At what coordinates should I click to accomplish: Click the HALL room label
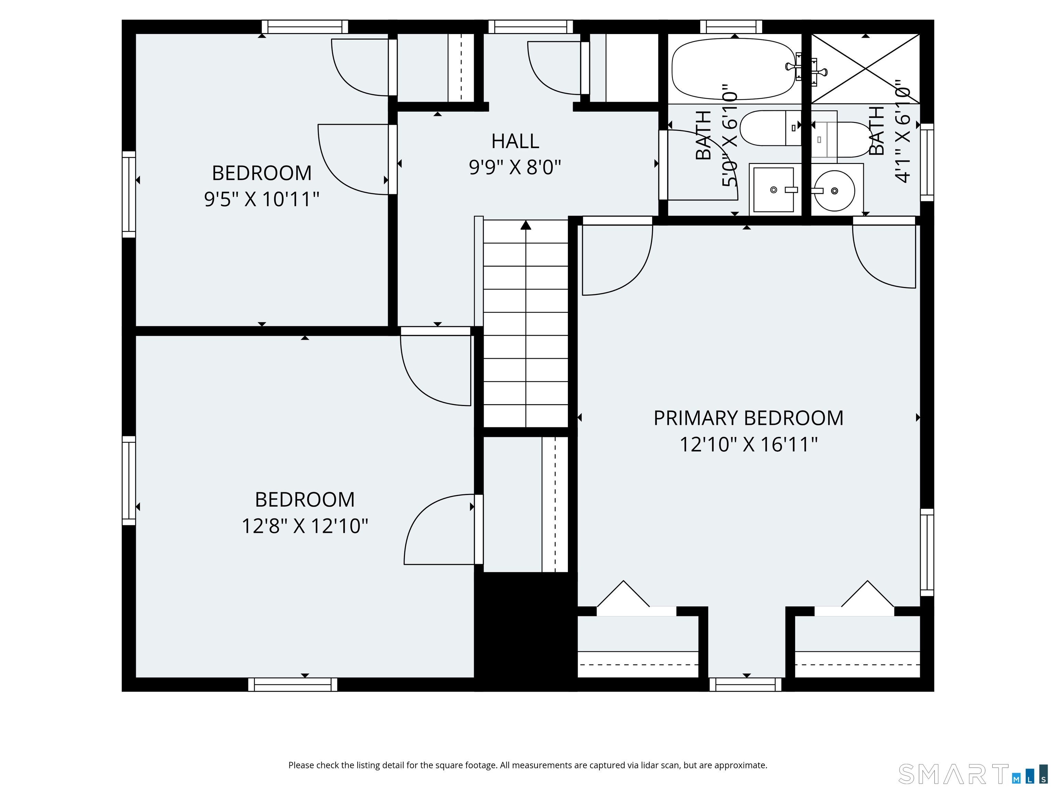click(515, 141)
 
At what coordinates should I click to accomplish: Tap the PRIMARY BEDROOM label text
click(748, 418)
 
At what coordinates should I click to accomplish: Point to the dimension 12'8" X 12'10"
click(305, 526)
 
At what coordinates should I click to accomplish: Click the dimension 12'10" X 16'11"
click(748, 444)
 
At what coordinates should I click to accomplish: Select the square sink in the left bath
click(774, 189)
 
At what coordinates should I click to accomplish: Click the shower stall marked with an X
click(866, 68)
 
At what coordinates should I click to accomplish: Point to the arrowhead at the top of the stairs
click(526, 225)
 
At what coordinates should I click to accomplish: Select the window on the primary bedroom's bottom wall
click(745, 684)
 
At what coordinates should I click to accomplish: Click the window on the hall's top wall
click(530, 27)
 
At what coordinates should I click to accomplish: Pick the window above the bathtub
click(731, 27)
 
